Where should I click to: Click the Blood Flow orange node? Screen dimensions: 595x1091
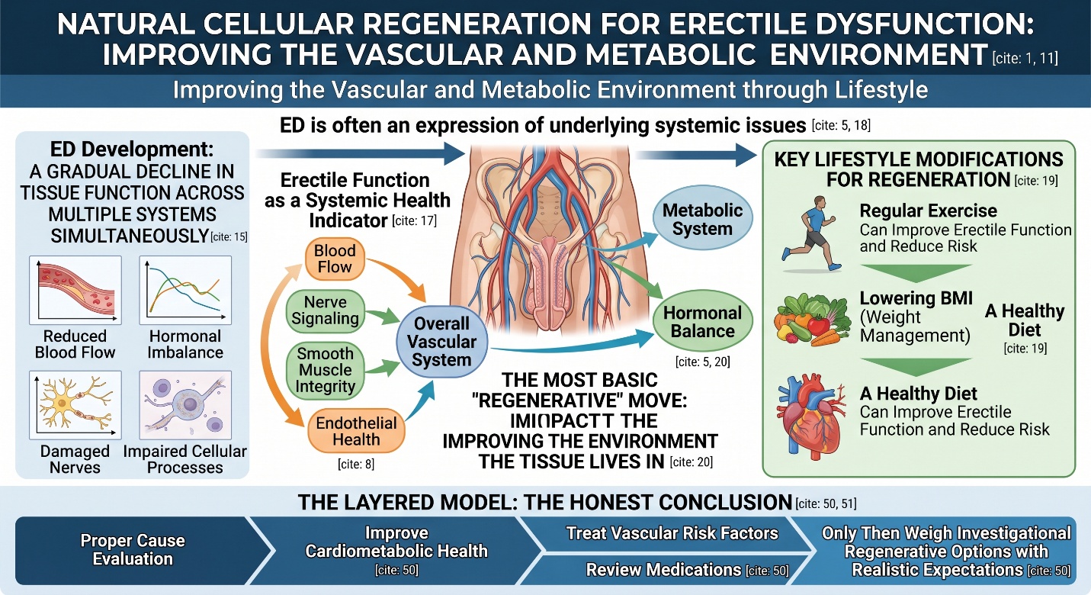coord(335,259)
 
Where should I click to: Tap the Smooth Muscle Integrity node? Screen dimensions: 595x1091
coord(326,370)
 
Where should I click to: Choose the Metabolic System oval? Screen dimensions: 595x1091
coord(702,219)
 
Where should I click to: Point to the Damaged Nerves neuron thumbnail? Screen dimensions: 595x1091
coord(75,404)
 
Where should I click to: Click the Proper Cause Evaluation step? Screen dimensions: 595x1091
coord(133,549)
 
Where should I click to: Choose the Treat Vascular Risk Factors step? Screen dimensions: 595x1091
coord(672,533)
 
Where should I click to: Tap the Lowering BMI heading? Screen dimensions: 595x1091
coord(916,298)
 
